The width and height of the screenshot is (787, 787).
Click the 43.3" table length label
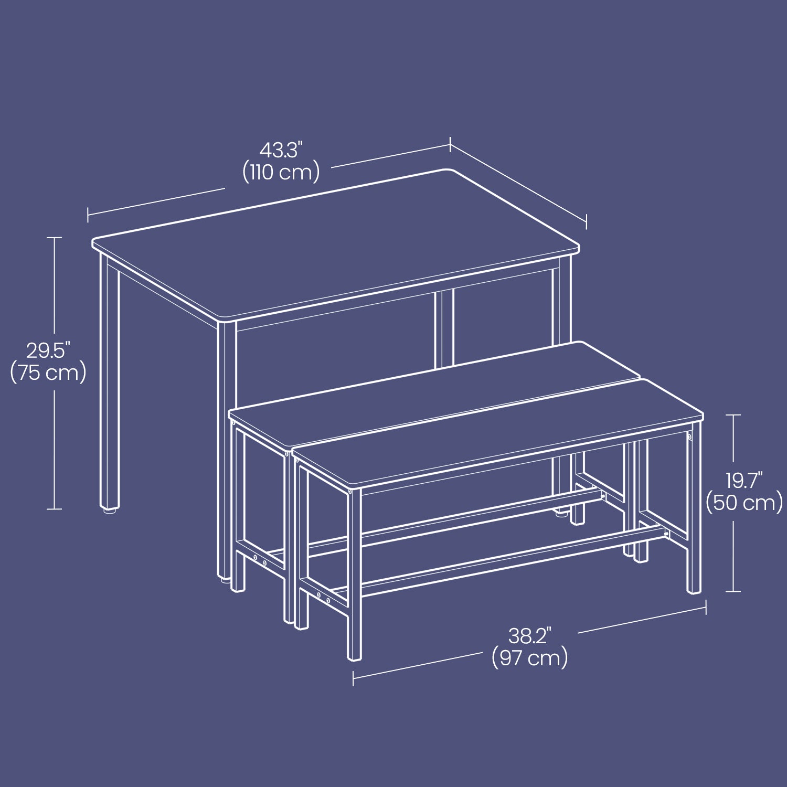pos(281,151)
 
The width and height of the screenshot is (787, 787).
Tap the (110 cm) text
pos(281,173)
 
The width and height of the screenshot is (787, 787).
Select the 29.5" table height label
pos(48,350)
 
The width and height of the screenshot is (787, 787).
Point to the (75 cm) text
pos(48,373)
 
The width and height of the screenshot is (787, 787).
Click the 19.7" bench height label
pos(744,481)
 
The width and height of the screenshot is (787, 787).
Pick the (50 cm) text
pos(744,503)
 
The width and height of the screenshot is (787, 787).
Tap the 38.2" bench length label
pos(530,636)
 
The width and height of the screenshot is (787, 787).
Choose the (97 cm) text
pos(530,658)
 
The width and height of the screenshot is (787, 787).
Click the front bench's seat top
pos(498,433)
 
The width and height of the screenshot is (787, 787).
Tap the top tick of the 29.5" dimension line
pos(54,238)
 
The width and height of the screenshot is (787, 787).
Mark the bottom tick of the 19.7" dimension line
pos(733,591)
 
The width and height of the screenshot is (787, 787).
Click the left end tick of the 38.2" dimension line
pos(353,678)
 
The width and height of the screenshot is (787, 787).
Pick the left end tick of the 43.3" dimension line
pos(88,215)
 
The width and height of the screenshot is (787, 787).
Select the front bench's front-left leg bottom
pos(355,656)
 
